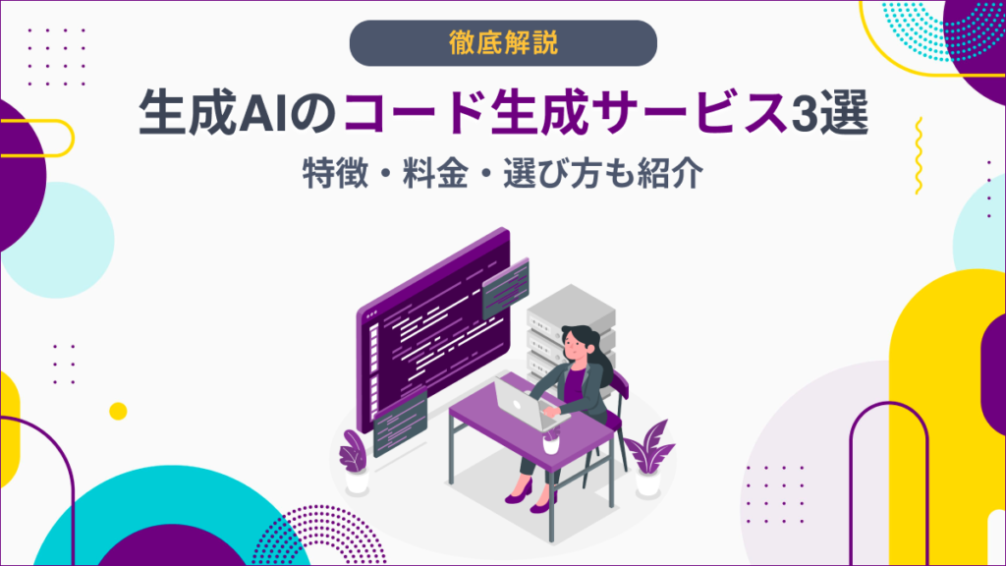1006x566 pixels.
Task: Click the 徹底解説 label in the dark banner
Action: click(x=502, y=42)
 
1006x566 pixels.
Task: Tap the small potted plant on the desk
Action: click(x=550, y=436)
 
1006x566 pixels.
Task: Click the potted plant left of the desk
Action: click(x=354, y=462)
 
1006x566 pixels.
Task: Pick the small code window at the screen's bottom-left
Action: click(x=399, y=417)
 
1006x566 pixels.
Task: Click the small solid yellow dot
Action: click(x=118, y=411)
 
